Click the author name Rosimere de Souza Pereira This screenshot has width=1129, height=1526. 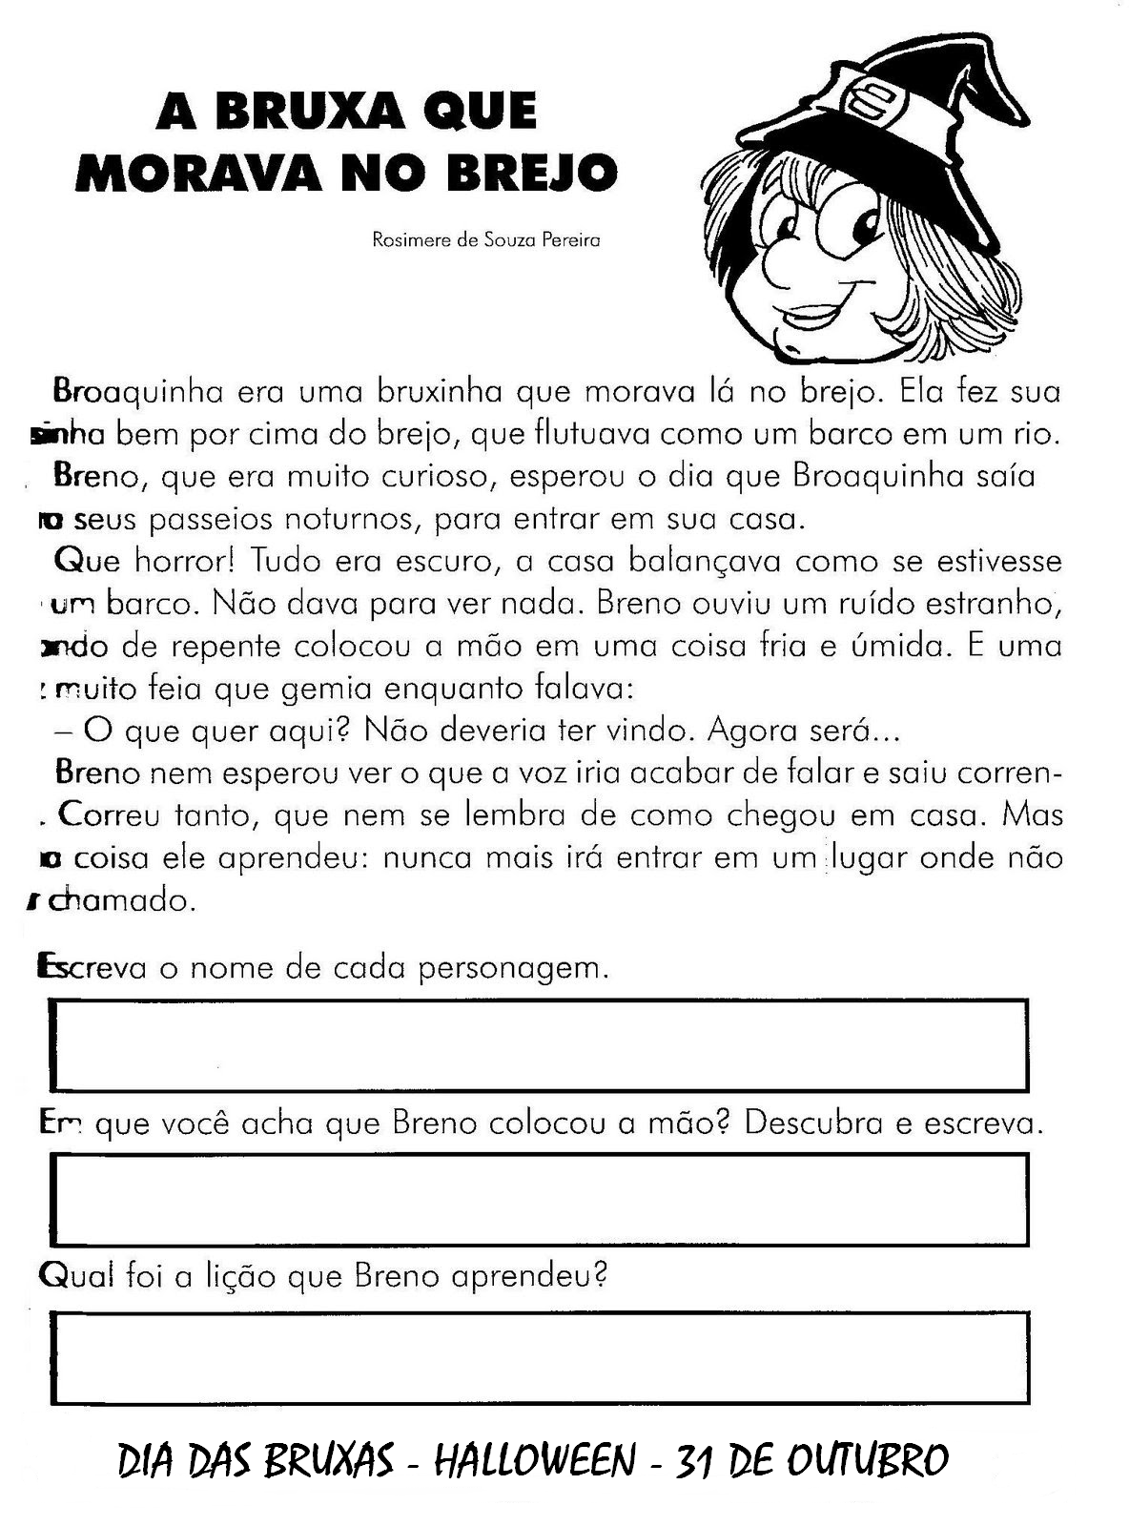(485, 240)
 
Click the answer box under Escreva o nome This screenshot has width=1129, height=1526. (540, 1045)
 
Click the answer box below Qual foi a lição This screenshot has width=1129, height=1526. (540, 1358)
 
